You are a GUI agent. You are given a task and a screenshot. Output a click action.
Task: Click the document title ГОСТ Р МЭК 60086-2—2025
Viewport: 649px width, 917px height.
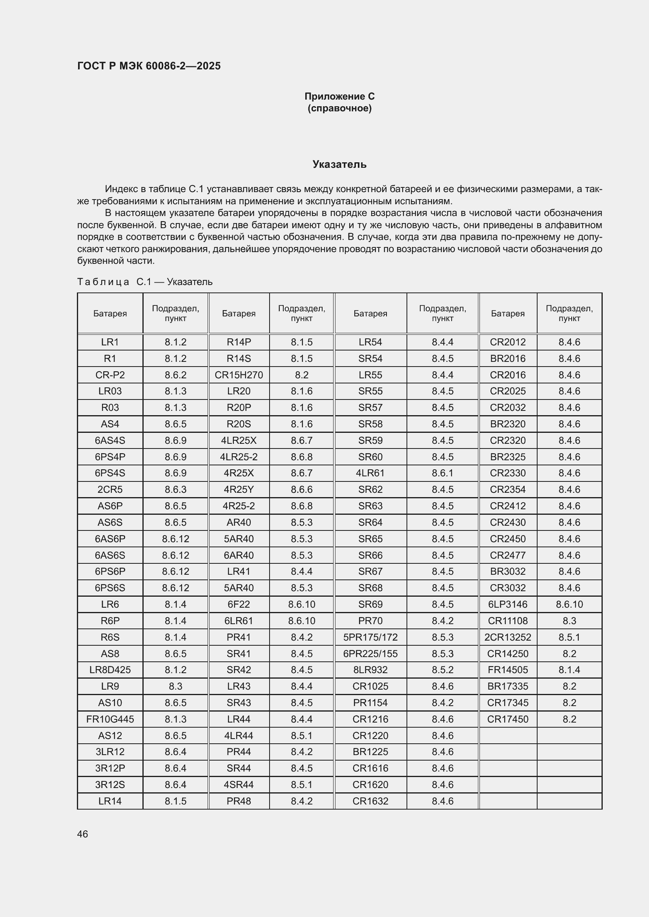149,66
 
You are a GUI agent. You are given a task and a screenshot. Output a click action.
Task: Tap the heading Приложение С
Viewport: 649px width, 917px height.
339,96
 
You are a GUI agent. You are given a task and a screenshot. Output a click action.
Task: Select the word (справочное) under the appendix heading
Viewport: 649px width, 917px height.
339,109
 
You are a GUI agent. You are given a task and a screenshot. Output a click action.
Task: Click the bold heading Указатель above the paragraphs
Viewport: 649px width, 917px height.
339,164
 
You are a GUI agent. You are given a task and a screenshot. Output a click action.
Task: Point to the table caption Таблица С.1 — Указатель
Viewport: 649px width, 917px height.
145,282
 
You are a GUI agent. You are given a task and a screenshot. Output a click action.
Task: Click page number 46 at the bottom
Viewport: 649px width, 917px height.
82,834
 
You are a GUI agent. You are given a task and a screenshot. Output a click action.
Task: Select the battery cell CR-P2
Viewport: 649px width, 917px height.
110,375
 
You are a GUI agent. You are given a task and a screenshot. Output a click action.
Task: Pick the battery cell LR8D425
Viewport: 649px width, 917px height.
110,670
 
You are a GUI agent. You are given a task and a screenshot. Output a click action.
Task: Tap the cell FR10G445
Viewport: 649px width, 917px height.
110,719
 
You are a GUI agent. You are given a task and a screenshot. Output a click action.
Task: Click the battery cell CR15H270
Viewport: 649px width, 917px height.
239,375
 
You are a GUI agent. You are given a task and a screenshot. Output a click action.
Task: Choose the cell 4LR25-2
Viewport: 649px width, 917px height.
239,457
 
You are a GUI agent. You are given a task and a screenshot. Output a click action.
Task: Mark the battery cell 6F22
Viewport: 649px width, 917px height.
239,604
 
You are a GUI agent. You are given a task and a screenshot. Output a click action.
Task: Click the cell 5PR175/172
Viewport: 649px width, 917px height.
370,637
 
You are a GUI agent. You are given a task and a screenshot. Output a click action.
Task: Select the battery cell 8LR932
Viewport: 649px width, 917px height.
370,670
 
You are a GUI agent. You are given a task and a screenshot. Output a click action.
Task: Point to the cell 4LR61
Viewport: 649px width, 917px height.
370,473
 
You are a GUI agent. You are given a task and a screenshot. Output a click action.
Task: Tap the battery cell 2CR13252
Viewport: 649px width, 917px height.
507,637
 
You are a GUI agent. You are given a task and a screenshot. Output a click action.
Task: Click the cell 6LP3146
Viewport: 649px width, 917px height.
507,604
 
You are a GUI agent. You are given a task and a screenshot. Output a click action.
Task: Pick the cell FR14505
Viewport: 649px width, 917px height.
507,670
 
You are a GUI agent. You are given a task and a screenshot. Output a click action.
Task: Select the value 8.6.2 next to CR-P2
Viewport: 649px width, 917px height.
175,375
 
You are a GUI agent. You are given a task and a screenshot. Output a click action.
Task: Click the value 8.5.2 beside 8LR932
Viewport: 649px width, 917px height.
442,670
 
